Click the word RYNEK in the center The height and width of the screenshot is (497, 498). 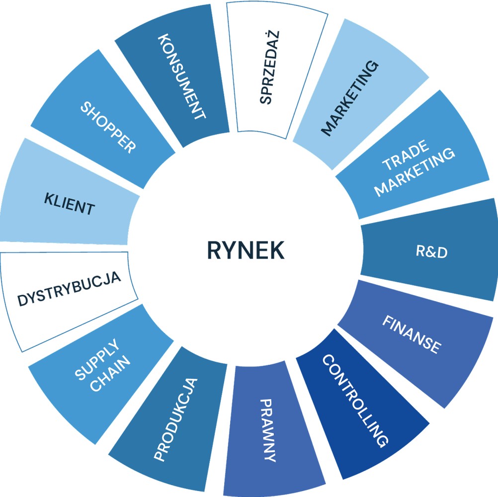point(246,250)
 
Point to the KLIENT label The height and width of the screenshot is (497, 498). point(69,204)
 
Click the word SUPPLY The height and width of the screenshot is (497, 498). point(97,359)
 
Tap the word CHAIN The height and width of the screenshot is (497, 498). point(110,373)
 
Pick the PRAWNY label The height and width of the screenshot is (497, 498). point(268,430)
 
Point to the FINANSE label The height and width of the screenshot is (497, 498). point(412,334)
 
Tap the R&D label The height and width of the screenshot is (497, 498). point(431,251)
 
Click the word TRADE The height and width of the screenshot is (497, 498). point(406,155)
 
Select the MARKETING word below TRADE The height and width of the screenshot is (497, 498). point(415,172)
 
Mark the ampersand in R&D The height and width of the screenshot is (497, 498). point(431,251)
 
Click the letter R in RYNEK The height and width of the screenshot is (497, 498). point(214,250)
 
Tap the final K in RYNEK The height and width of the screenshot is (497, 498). point(277,250)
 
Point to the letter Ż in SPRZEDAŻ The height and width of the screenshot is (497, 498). point(274,38)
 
